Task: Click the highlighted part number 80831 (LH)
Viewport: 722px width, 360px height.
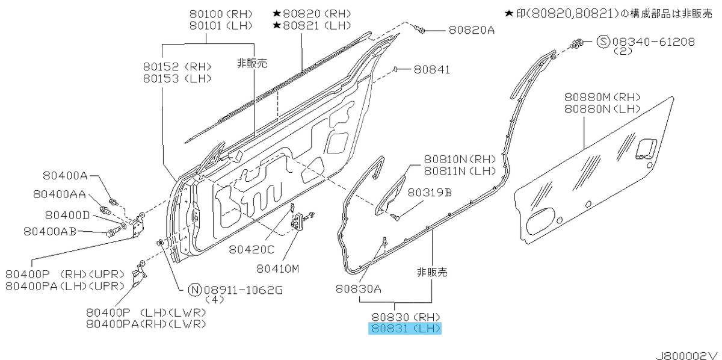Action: pyautogui.click(x=405, y=328)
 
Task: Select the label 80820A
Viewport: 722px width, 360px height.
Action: pyautogui.click(x=472, y=30)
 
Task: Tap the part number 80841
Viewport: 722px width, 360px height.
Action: pyautogui.click(x=431, y=69)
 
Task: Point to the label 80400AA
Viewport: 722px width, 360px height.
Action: pyautogui.click(x=60, y=194)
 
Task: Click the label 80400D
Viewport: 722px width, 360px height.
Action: pyautogui.click(x=67, y=215)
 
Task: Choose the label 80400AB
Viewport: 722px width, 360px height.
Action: pyautogui.click(x=50, y=231)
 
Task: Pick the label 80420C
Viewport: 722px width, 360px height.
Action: pyautogui.click(x=251, y=249)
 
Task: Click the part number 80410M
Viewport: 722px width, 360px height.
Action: pyautogui.click(x=278, y=268)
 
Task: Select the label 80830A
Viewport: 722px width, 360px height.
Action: pyautogui.click(x=359, y=289)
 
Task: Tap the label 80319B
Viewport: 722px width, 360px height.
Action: pyautogui.click(x=430, y=193)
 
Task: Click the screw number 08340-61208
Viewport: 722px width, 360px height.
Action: pyautogui.click(x=653, y=42)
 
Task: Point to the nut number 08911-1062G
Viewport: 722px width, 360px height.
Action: pyautogui.click(x=243, y=290)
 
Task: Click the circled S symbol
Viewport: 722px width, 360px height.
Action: pyautogui.click(x=603, y=42)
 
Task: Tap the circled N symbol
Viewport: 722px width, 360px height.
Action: pyautogui.click(x=195, y=290)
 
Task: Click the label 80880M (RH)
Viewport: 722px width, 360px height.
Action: pyautogui.click(x=602, y=97)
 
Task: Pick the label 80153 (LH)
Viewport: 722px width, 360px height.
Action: pyautogui.click(x=177, y=78)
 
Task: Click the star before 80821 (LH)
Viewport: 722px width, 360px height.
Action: pyautogui.click(x=277, y=25)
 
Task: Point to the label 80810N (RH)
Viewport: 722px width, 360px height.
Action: pyautogui.click(x=460, y=159)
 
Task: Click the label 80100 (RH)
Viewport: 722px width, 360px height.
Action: pyautogui.click(x=221, y=14)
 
